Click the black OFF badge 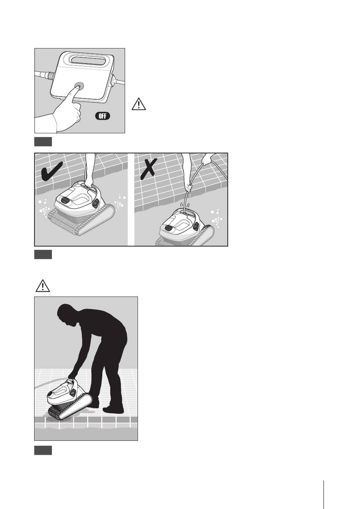click(102, 116)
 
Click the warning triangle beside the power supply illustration click(138, 104)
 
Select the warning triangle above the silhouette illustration click(42, 286)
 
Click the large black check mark click(52, 172)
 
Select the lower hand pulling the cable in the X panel click(188, 188)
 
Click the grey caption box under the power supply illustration click(43, 142)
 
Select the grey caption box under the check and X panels click(43, 254)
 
